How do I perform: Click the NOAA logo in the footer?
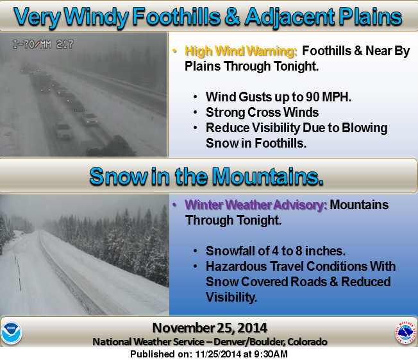point(11,333)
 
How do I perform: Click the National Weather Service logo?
point(405,332)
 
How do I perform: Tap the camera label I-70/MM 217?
point(43,44)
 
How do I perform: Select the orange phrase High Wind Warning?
point(240,51)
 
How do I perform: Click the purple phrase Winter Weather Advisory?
point(256,205)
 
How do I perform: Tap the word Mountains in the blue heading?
point(268,176)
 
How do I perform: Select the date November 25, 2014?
point(210,328)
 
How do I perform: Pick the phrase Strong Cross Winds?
point(262,112)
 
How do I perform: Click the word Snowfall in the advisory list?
point(230,251)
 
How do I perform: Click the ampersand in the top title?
point(233,17)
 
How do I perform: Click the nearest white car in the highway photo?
point(63,130)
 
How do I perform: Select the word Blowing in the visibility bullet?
point(364,128)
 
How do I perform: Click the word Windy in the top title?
point(96,17)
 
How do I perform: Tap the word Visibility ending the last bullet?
point(231,297)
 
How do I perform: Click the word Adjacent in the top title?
point(290,17)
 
